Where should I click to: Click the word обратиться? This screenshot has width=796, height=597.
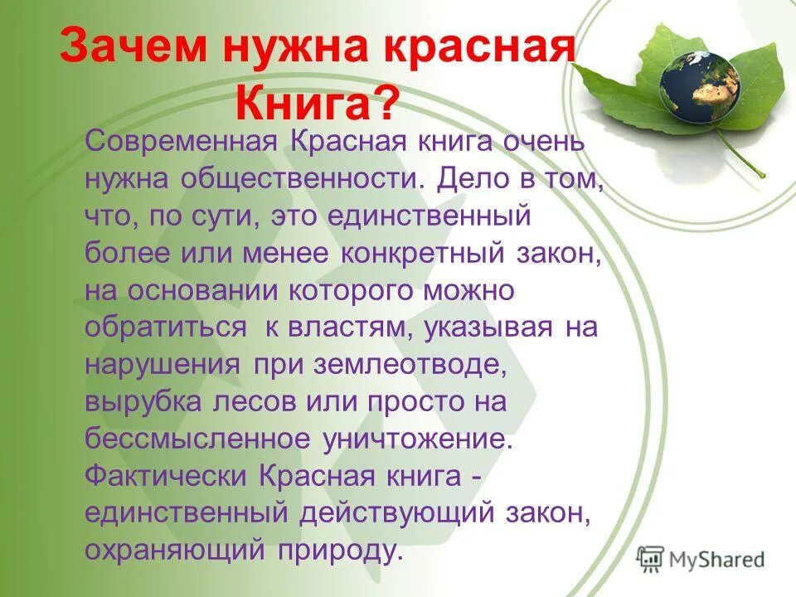point(166,328)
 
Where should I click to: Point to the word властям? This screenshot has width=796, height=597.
point(350,328)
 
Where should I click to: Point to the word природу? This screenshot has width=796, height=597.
point(342,551)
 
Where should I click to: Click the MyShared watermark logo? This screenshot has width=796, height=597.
point(701,558)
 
